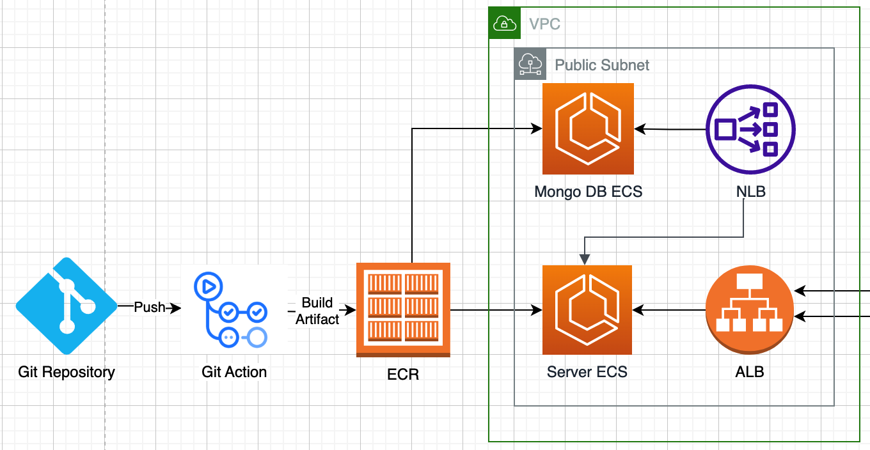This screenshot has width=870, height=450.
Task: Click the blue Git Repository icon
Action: click(67, 306)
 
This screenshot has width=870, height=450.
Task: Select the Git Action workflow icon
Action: click(231, 309)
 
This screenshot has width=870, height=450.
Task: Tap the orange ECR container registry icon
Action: click(403, 309)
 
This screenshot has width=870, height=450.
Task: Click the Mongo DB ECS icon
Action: click(588, 128)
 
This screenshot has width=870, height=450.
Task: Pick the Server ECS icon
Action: click(587, 309)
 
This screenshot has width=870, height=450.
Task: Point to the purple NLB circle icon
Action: click(750, 129)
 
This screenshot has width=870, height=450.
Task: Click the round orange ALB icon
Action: click(750, 309)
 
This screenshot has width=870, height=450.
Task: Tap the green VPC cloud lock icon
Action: click(505, 23)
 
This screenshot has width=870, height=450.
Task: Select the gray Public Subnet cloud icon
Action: click(530, 64)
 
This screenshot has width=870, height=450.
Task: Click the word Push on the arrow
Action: click(150, 307)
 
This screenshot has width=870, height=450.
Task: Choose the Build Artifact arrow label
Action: click(317, 311)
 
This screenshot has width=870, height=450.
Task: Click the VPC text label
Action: click(544, 24)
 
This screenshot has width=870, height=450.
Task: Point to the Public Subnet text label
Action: click(602, 65)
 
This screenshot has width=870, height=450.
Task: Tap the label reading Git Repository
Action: click(67, 372)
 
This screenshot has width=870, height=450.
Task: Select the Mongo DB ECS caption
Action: click(589, 192)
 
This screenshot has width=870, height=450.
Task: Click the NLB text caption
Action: click(751, 192)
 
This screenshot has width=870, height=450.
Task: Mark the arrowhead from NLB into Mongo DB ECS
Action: click(640, 128)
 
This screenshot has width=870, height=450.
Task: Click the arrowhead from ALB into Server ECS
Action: click(638, 309)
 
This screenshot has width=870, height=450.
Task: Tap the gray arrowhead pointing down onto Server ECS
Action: click(585, 260)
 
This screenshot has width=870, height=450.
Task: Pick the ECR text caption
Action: click(403, 375)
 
